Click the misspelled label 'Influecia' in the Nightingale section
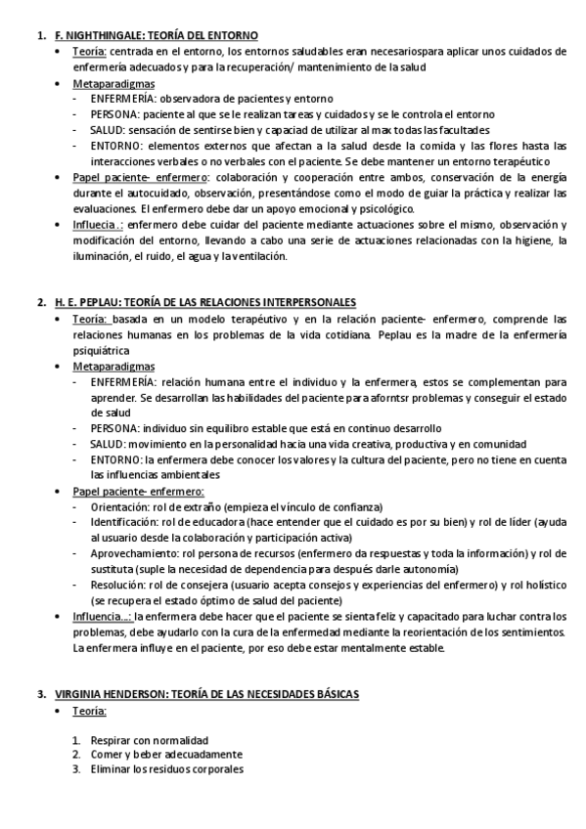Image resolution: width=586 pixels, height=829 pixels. (95, 224)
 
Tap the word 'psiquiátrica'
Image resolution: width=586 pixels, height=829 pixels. (100, 348)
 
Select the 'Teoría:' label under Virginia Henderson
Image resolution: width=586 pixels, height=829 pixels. (89, 710)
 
